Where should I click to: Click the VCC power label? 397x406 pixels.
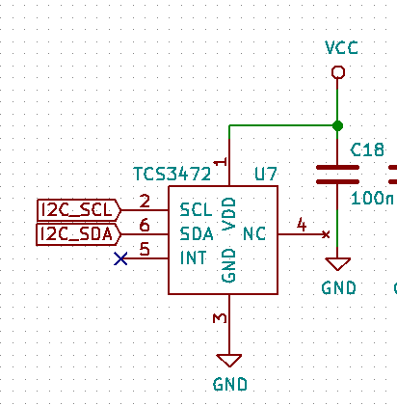pos(341,47)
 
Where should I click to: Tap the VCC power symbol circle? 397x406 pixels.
pos(337,72)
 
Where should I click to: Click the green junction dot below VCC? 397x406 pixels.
pos(337,125)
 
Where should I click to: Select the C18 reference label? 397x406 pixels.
pos(367,149)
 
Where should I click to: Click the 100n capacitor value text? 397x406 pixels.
pos(372,198)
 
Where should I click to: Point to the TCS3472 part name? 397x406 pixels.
pos(172,174)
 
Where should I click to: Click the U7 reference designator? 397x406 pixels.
pos(265,174)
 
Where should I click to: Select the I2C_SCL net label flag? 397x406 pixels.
pos(79,210)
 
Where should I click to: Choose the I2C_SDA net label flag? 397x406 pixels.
pos(79,234)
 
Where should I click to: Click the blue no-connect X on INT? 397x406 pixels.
pos(120,258)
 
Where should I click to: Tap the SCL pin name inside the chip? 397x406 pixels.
pos(196,209)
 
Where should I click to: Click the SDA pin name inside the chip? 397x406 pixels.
pos(197,233)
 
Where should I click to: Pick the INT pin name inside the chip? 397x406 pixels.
pos(193,257)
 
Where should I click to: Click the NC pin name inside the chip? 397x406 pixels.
pos(254,233)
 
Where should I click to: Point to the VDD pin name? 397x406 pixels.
pos(229,214)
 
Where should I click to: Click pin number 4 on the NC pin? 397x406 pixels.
pos(302,224)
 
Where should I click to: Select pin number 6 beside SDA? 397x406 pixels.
pos(145,225)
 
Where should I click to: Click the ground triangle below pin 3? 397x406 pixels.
pos(229,361)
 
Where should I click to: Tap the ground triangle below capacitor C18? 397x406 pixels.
pos(337,264)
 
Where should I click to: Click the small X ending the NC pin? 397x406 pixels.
pos(326,234)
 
